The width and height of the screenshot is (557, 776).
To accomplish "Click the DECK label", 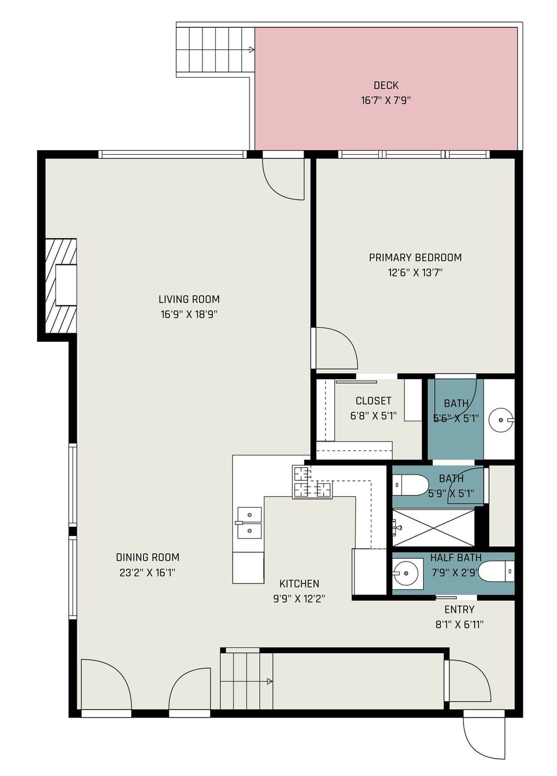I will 386,85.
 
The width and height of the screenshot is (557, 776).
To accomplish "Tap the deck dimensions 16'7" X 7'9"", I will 386,100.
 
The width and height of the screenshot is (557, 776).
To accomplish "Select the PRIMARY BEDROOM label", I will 415,257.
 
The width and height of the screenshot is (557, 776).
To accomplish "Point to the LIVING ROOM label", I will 189,299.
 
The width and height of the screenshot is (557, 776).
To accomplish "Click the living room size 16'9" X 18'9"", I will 189,314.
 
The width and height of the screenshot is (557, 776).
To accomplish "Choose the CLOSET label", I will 373,400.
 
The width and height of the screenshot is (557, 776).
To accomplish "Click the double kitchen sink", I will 249,523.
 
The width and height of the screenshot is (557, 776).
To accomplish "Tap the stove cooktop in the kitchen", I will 312,482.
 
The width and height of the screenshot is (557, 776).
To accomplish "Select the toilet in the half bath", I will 497,571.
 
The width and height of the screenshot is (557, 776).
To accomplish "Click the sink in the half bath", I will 406,573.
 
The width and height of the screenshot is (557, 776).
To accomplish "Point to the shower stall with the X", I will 434,527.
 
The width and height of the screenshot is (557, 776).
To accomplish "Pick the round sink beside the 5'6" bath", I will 500,420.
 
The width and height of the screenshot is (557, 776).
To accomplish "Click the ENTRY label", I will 459,609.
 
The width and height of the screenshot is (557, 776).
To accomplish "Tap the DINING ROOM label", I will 147,557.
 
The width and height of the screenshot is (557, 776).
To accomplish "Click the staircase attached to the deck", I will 215,50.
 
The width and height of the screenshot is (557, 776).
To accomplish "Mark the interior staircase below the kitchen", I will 247,681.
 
